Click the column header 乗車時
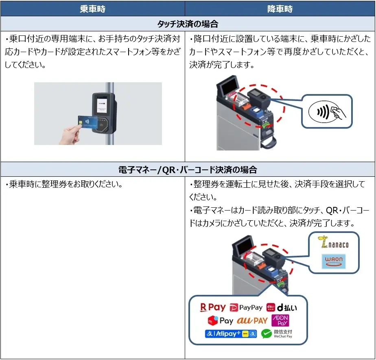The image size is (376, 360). pyautogui.click(x=92, y=9)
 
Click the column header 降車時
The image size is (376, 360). pyautogui.click(x=280, y=9)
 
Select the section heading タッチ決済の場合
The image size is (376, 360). pyautogui.click(x=188, y=24)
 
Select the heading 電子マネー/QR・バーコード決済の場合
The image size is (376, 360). pyautogui.click(x=188, y=170)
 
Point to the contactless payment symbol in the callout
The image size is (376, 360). pyautogui.click(x=326, y=111)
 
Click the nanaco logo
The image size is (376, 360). pyautogui.click(x=333, y=243)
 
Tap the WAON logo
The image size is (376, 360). pyautogui.click(x=333, y=261)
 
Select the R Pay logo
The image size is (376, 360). pyautogui.click(x=212, y=307)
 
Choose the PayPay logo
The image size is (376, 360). pyautogui.click(x=246, y=307)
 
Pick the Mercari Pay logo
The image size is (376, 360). pyautogui.click(x=220, y=321)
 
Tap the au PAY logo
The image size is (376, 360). pyautogui.click(x=252, y=321)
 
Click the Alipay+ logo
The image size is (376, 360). pyautogui.click(x=231, y=334)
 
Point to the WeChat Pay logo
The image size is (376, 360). pyautogui.click(x=277, y=334)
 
